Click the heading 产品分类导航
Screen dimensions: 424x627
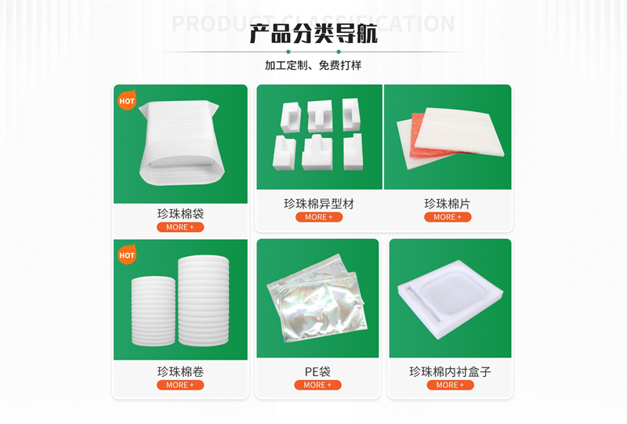click(x=313, y=34)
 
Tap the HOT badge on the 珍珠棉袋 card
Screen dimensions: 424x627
click(x=127, y=100)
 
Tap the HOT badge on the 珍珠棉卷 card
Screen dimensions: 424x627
click(x=127, y=255)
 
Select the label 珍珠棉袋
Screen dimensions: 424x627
click(x=180, y=213)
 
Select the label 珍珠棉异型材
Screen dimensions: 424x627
click(x=319, y=204)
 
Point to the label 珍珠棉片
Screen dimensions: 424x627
click(x=448, y=204)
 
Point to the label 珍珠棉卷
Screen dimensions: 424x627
click(x=180, y=371)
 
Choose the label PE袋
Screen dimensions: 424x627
click(x=317, y=371)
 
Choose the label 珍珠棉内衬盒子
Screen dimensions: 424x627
click(x=450, y=371)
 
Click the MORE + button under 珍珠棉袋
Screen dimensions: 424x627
click(x=180, y=227)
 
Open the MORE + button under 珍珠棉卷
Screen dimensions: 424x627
click(x=180, y=385)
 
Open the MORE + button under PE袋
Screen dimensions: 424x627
click(x=317, y=385)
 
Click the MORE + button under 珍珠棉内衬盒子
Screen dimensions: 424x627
click(x=450, y=385)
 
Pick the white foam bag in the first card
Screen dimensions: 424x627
click(x=179, y=145)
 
